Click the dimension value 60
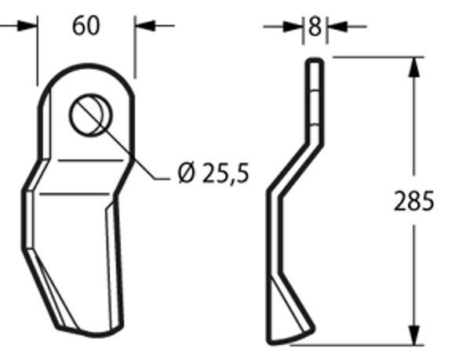point(86,26)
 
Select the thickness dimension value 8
point(315,27)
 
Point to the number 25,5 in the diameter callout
point(225,173)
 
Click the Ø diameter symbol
point(186,173)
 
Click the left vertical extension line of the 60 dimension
point(37,55)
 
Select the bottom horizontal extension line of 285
point(369,344)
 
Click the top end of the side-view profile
point(314,60)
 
